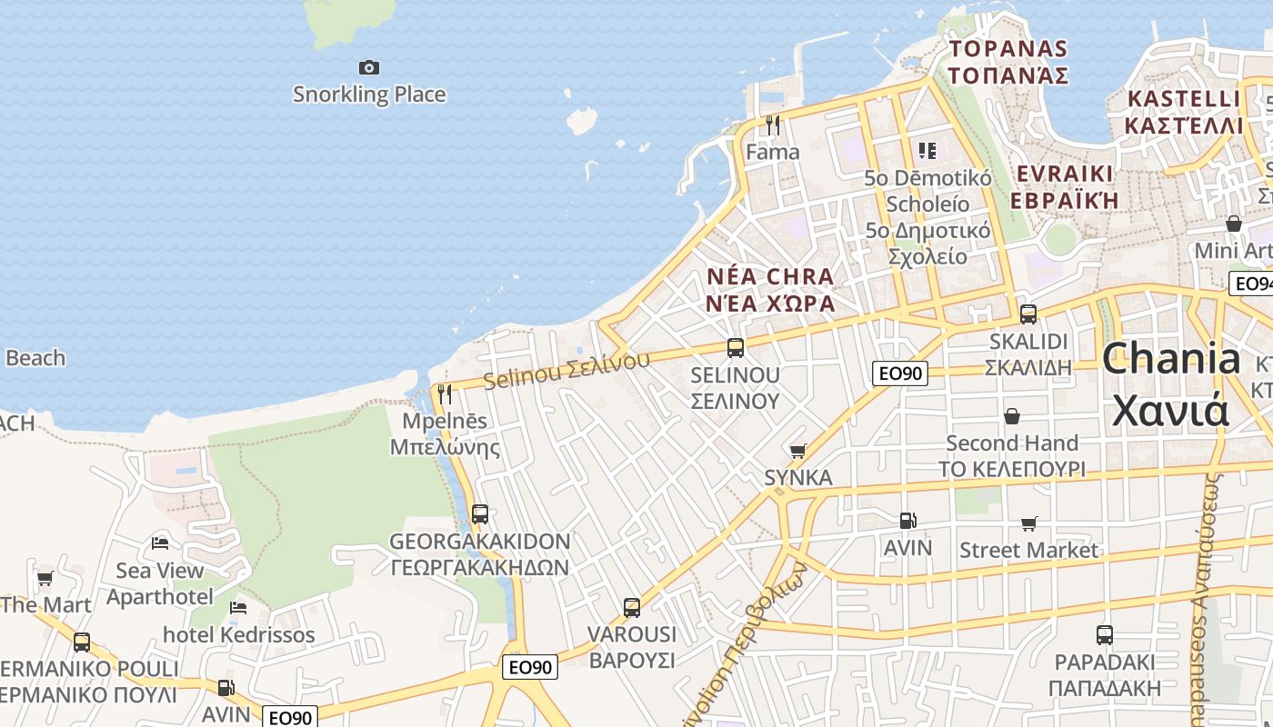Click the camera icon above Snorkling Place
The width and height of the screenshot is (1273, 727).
(368, 67)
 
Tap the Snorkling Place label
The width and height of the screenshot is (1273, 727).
(368, 94)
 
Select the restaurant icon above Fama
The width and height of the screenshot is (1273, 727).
(773, 124)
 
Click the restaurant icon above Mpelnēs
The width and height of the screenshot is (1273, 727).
(445, 393)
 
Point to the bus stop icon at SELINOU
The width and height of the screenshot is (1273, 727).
(736, 347)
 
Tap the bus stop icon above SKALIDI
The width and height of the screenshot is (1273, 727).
(1028, 314)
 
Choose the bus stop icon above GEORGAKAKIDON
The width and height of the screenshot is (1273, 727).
(480, 513)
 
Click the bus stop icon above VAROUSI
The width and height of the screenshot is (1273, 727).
(632, 607)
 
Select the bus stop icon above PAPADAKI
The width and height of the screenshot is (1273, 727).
(1105, 634)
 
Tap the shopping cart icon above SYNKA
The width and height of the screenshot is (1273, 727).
(798, 451)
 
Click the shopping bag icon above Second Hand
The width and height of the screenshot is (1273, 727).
(1012, 416)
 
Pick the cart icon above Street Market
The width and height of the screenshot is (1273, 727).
(1029, 523)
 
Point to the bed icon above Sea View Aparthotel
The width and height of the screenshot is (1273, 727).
(160, 543)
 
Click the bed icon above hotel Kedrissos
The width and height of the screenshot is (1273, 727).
(238, 607)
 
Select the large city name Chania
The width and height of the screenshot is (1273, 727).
(1170, 359)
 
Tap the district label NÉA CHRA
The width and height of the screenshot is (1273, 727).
(770, 276)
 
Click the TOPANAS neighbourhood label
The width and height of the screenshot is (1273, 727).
(1007, 48)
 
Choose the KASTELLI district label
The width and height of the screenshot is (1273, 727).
(1183, 98)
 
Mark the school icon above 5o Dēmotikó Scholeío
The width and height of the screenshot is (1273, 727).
(927, 150)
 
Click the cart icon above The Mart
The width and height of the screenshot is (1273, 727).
(45, 578)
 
